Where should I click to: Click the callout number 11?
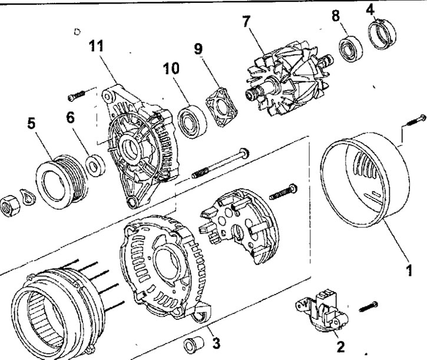point(100,47)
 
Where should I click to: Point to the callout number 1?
point(406,272)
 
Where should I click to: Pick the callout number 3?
point(216,342)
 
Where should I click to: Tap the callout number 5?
point(31,124)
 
